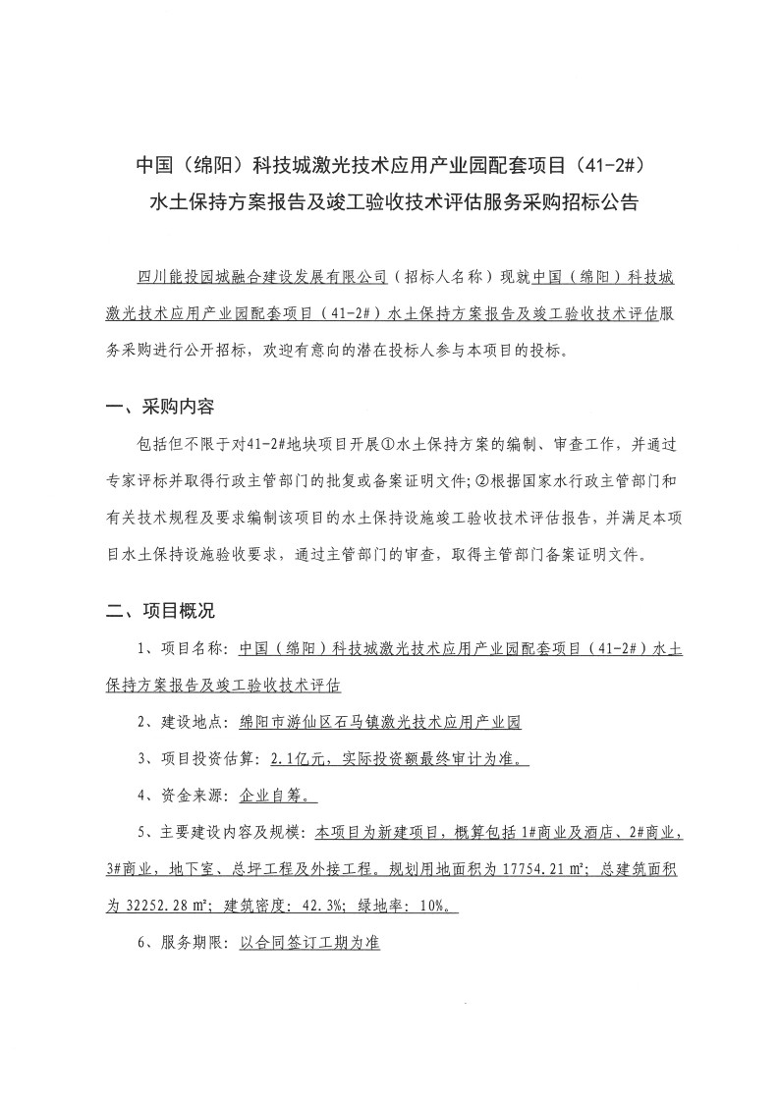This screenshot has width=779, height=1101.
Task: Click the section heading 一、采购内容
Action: point(159,407)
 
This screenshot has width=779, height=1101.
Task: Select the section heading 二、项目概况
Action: point(159,611)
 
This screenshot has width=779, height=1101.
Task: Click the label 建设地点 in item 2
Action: point(194,722)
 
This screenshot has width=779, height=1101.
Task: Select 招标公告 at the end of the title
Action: point(602,204)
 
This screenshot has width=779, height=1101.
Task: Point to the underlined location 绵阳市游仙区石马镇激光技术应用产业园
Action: point(380,722)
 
